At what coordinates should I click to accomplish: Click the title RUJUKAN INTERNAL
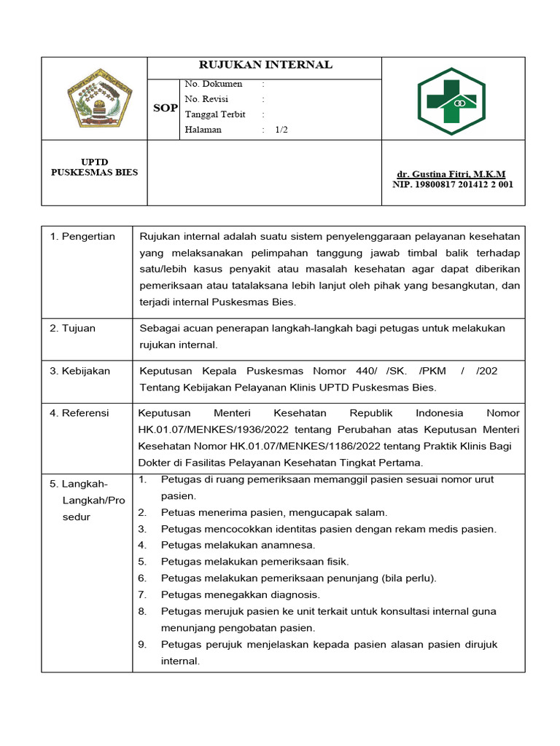pyautogui.click(x=265, y=65)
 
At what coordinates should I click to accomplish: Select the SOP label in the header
pyautogui.click(x=165, y=108)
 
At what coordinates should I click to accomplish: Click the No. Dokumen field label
pyautogui.click(x=214, y=85)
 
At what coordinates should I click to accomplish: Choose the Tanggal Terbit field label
pyautogui.click(x=215, y=114)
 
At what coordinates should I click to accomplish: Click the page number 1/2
pyautogui.click(x=281, y=130)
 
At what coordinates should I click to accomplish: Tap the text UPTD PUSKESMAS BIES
pyautogui.click(x=94, y=167)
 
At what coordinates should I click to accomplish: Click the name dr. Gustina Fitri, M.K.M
pyautogui.click(x=451, y=174)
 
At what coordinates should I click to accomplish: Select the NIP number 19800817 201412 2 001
pyautogui.click(x=453, y=184)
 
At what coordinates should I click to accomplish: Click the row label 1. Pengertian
pyautogui.click(x=82, y=237)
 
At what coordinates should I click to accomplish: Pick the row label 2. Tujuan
pyautogui.click(x=72, y=329)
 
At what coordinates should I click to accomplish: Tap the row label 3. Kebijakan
pyautogui.click(x=79, y=371)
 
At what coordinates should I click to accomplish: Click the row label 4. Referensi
pyautogui.click(x=79, y=413)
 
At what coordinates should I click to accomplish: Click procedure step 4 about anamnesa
pyautogui.click(x=238, y=545)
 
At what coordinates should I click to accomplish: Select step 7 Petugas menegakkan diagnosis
pyautogui.click(x=240, y=595)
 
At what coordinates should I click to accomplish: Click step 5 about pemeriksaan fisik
pyautogui.click(x=254, y=562)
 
